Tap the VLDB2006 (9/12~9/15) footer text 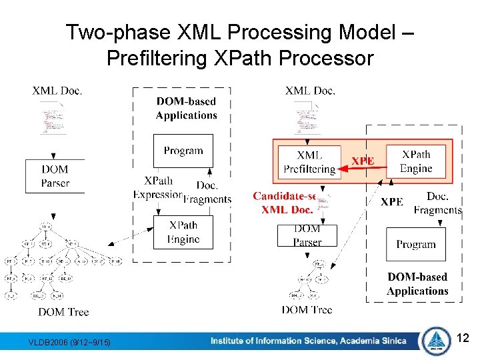point(70,343)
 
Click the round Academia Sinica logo point(436,340)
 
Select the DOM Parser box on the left point(55,176)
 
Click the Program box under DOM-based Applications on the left point(183,151)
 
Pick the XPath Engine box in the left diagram point(183,232)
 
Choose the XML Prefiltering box point(309,162)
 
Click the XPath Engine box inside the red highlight point(417,162)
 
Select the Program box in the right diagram point(416,245)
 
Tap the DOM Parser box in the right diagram point(307,235)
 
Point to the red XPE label point(363,161)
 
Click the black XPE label point(392,201)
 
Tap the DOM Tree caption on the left point(63,311)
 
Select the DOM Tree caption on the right point(307,309)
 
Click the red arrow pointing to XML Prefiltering point(363,169)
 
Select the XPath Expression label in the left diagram point(158,187)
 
